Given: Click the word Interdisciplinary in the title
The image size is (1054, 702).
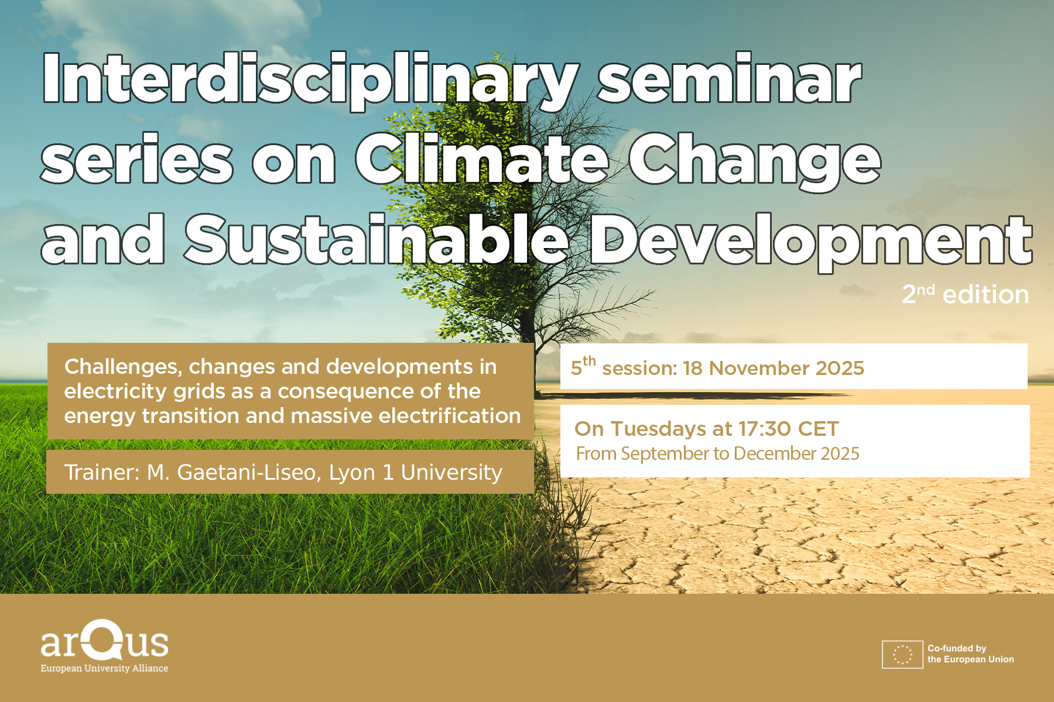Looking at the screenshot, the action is pyautogui.click(x=311, y=81).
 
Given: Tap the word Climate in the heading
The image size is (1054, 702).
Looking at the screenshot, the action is pyautogui.click(x=482, y=157).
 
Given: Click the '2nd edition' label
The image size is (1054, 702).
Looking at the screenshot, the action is pyautogui.click(x=965, y=294).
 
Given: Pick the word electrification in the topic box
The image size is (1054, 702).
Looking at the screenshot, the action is pyautogui.click(x=450, y=415).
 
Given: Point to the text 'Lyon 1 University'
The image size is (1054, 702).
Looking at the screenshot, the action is pyautogui.click(x=416, y=473).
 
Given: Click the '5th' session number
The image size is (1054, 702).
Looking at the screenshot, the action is pyautogui.click(x=583, y=366).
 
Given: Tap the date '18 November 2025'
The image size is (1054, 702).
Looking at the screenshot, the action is pyautogui.click(x=774, y=368).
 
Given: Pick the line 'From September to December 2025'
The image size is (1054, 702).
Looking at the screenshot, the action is pyautogui.click(x=717, y=454).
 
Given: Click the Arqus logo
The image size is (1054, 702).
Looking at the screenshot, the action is pyautogui.click(x=104, y=640).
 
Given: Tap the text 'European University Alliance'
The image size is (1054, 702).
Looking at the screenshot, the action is pyautogui.click(x=104, y=669).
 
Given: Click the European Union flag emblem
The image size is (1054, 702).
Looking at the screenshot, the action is pyautogui.click(x=902, y=655).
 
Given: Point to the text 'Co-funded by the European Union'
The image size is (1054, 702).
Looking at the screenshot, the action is pyautogui.click(x=970, y=654).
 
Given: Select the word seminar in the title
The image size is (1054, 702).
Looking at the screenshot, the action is pyautogui.click(x=729, y=80).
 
